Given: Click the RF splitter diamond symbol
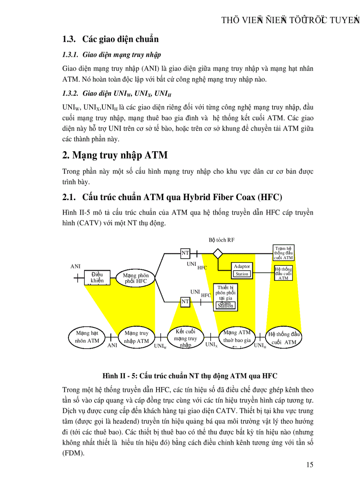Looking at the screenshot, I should pos(218,253).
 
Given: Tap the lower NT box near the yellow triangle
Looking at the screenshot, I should pos(185,302).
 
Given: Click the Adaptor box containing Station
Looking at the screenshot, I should pos(242,270).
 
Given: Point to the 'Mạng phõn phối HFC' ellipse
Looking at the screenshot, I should pos(136,279).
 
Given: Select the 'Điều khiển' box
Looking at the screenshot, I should pos(97,277).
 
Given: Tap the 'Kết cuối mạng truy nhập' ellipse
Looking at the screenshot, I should pos(185,338).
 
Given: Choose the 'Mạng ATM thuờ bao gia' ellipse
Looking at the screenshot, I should pos(236,337).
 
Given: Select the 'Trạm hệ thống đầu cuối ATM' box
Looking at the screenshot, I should pos(283,253).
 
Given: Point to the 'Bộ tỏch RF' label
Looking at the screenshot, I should pos(221,240).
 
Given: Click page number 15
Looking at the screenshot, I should pos(309,465).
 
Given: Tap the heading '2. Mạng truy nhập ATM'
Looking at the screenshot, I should pos(115,155).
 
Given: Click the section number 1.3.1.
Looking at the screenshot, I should pos(70,55).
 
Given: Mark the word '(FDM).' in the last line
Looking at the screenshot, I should pos(73,453).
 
